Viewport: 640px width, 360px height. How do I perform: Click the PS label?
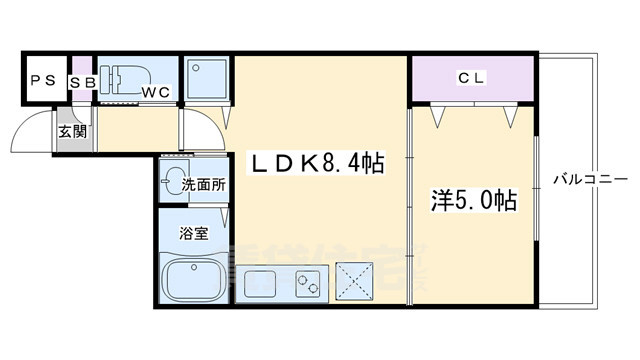42,81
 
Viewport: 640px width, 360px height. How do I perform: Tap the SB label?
81,81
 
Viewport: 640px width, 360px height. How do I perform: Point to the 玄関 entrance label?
70,130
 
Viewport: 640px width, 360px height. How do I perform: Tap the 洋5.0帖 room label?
474,201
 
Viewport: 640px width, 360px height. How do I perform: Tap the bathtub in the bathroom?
192,279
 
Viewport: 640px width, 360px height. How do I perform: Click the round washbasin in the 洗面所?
177,182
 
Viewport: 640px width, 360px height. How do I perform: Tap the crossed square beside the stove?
354,279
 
